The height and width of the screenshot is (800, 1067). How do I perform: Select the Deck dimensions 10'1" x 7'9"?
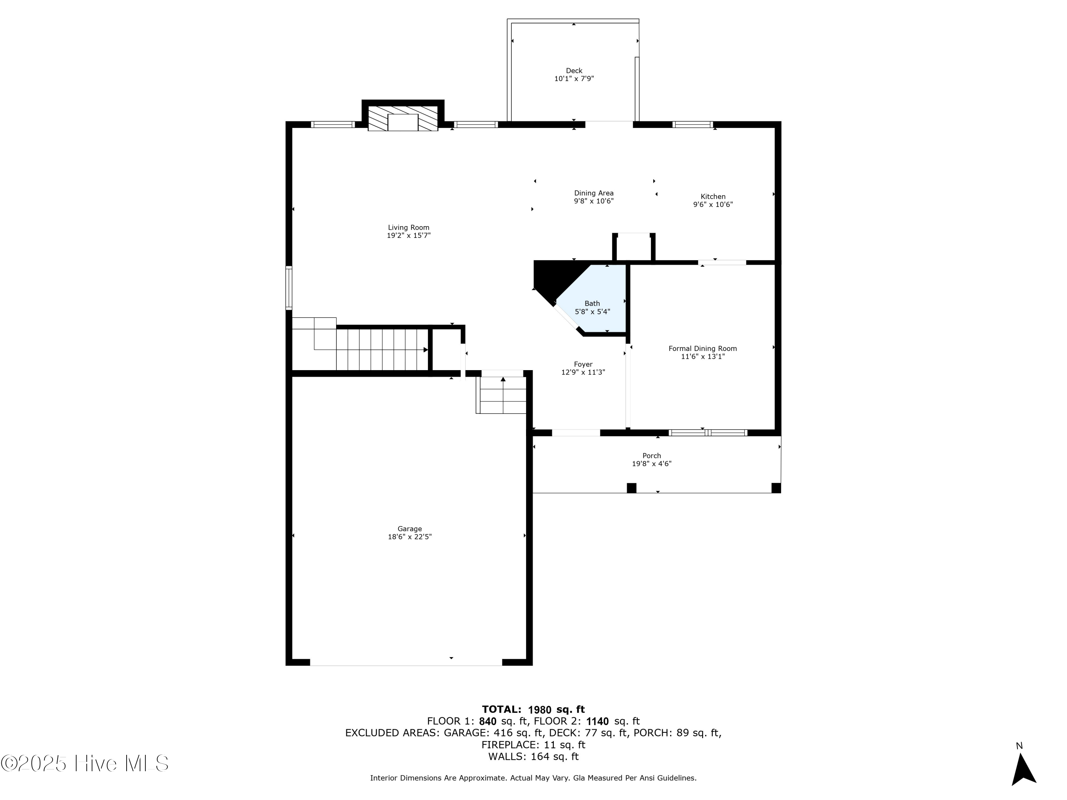coord(574,79)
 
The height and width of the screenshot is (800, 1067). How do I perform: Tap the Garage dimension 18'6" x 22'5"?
coord(409,537)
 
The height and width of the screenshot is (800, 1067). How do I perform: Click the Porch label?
coord(651,456)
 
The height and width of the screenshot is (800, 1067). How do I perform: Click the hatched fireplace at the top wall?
coord(402,118)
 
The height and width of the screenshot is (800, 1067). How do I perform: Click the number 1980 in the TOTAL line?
coord(539,709)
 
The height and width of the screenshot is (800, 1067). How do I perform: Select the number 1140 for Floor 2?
coord(597,721)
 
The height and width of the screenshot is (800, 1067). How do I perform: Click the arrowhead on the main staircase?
coord(425,350)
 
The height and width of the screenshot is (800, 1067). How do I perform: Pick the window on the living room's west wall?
coord(288,288)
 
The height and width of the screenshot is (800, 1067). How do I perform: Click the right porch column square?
coord(776,488)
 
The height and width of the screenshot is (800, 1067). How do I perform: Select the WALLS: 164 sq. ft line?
coord(533,757)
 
